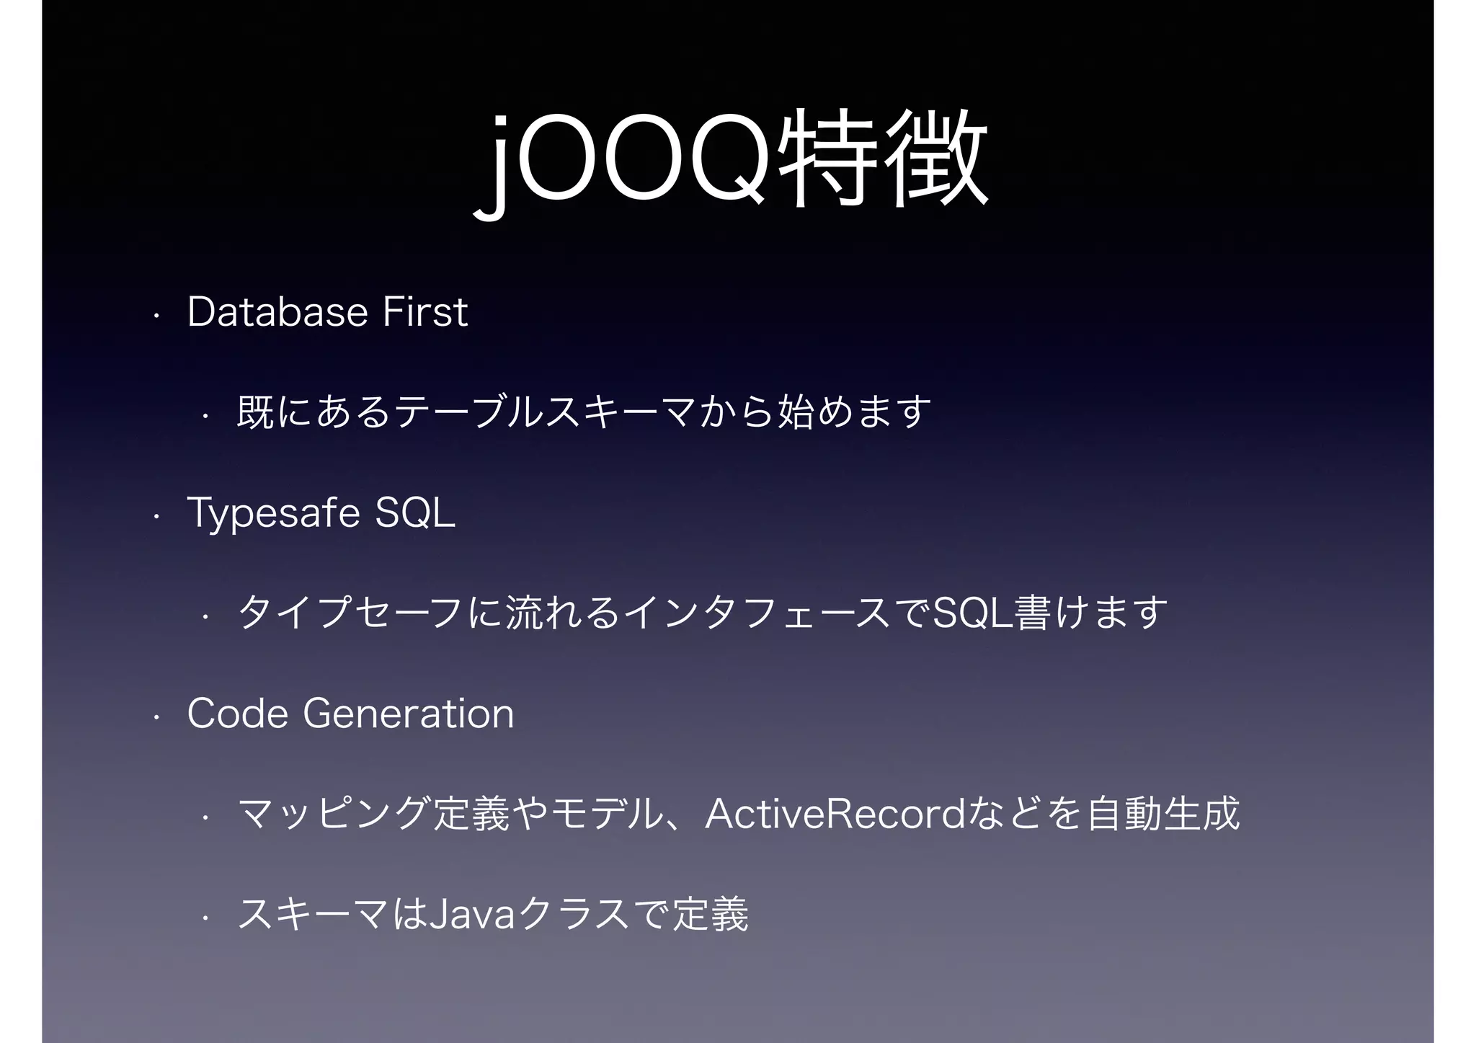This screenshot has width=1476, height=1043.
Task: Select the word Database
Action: pyautogui.click(x=277, y=312)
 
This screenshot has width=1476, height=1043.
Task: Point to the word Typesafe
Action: pyautogui.click(x=274, y=513)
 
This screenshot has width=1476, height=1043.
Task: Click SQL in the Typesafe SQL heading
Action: pyautogui.click(x=416, y=513)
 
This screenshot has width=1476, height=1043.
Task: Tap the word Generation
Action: pyautogui.click(x=408, y=714)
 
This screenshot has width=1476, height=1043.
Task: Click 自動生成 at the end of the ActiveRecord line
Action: pyautogui.click(x=1162, y=814)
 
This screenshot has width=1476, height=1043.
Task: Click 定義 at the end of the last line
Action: pyautogui.click(x=710, y=915)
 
